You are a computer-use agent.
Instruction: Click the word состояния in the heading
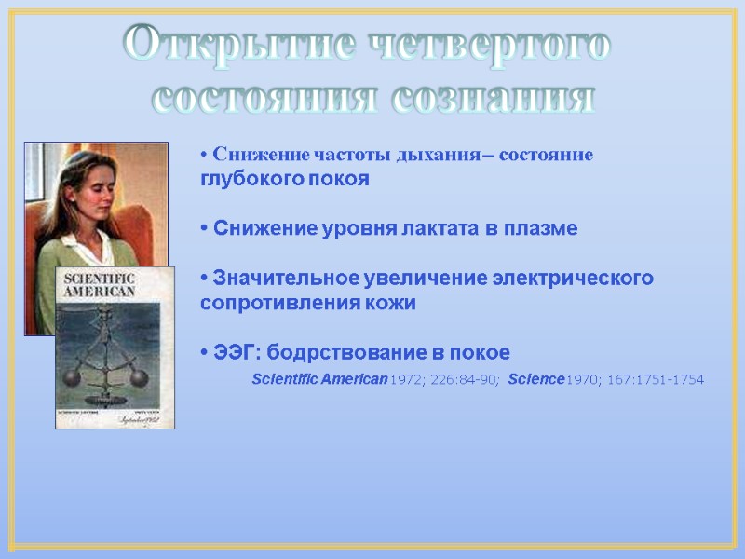coord(264,97)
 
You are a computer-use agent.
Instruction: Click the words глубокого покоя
coord(285,179)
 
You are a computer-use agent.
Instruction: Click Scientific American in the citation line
coord(319,379)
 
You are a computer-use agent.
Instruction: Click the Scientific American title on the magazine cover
coord(98,285)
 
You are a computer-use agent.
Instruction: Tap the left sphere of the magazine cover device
coord(71,376)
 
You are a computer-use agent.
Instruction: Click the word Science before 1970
coord(536,379)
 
